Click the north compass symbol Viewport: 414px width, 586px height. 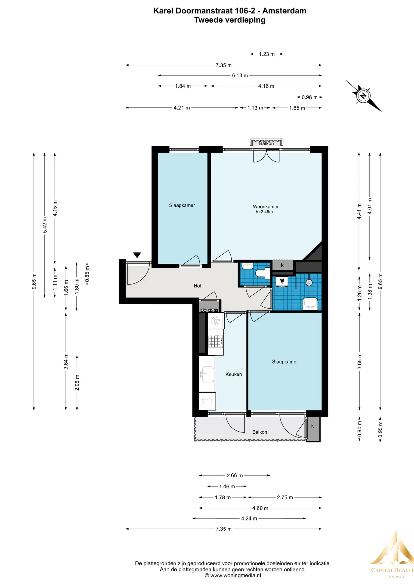click(363, 96)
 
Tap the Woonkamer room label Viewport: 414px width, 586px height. click(266, 207)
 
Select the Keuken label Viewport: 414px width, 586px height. click(234, 374)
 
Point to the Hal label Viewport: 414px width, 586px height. click(197, 286)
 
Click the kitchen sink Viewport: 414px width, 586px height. click(207, 374)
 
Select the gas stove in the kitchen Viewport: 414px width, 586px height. click(215, 342)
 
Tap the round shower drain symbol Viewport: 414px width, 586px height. click(309, 283)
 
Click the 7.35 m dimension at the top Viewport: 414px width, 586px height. click(223, 65)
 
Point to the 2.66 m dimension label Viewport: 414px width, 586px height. click(235, 475)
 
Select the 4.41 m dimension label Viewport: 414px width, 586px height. click(359, 211)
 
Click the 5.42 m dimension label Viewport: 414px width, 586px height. click(45, 225)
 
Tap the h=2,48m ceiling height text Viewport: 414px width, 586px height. click(264, 212)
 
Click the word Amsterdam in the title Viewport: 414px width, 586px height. click(284, 11)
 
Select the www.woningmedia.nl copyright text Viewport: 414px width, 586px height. click(233, 576)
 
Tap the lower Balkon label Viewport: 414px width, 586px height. click(260, 432)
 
